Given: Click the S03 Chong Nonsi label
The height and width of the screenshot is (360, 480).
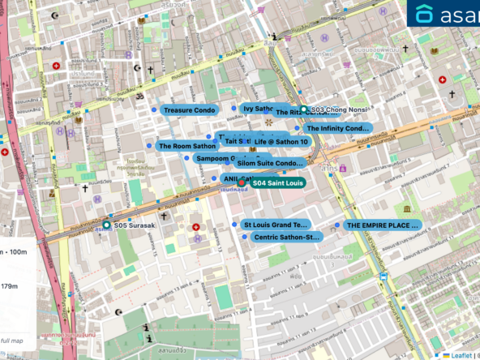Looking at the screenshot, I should (x=336, y=109).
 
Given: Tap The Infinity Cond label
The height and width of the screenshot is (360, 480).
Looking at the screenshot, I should (x=337, y=128).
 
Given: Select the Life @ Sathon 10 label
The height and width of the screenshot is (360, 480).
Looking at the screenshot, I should (x=281, y=141).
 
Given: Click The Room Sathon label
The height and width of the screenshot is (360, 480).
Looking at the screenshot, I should (x=186, y=146).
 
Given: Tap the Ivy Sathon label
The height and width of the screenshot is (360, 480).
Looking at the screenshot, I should (x=256, y=108).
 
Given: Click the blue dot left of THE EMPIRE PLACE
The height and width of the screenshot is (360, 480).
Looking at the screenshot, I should (x=337, y=225).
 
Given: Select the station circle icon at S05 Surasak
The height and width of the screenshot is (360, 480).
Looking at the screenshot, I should (x=106, y=225).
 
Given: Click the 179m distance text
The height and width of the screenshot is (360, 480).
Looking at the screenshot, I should (x=10, y=286).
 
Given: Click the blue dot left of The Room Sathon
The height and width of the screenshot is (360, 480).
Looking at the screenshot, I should (x=150, y=146).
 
